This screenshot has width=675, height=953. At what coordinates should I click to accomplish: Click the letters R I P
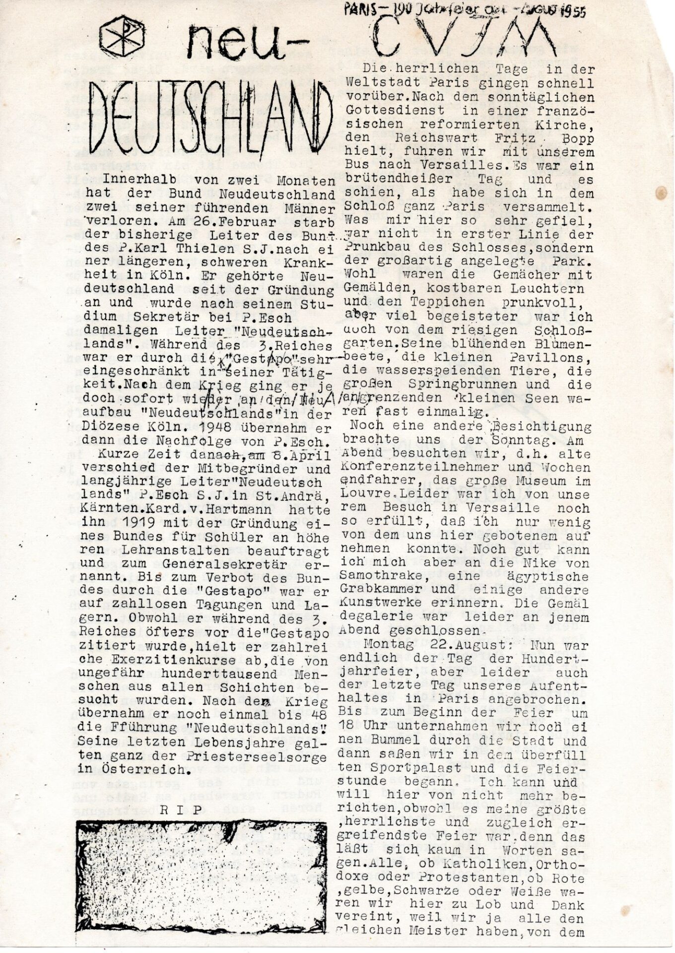pyautogui.click(x=182, y=811)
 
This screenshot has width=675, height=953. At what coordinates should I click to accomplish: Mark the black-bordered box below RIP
pyautogui.click(x=201, y=875)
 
